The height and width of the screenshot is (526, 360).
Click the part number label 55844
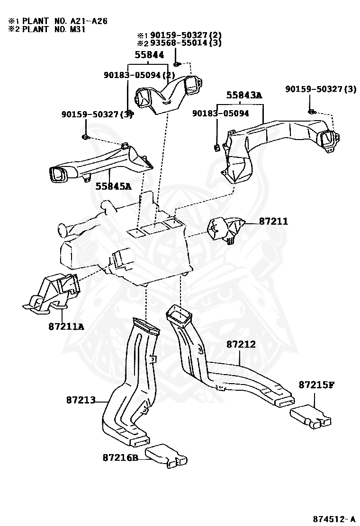click(x=149, y=55)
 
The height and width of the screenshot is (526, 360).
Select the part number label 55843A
click(x=243, y=95)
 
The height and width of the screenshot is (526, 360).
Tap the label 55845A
click(x=113, y=186)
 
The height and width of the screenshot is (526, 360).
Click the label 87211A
click(x=66, y=326)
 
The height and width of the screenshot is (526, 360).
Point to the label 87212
click(x=241, y=344)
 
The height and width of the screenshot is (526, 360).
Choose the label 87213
click(x=81, y=400)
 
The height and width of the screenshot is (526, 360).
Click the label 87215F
click(x=316, y=385)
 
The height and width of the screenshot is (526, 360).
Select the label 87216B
click(x=120, y=457)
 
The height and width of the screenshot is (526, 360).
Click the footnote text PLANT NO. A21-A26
click(x=64, y=21)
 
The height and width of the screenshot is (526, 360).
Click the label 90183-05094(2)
click(x=140, y=75)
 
